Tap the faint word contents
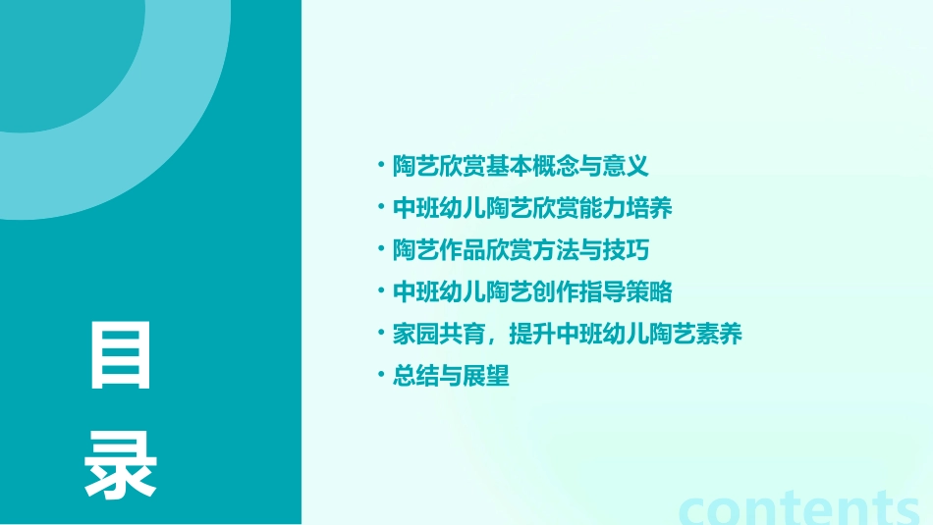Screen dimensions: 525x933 pyautogui.click(x=799, y=508)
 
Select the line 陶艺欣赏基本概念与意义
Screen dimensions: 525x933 pyautogui.click(x=521, y=167)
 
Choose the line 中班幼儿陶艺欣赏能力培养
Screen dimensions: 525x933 pyautogui.click(x=532, y=209)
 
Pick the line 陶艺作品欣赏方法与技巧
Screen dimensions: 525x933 pyautogui.click(x=521, y=250)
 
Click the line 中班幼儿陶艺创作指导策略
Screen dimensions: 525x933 pyautogui.click(x=532, y=292)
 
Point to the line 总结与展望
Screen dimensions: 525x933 pyautogui.click(x=451, y=376)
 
